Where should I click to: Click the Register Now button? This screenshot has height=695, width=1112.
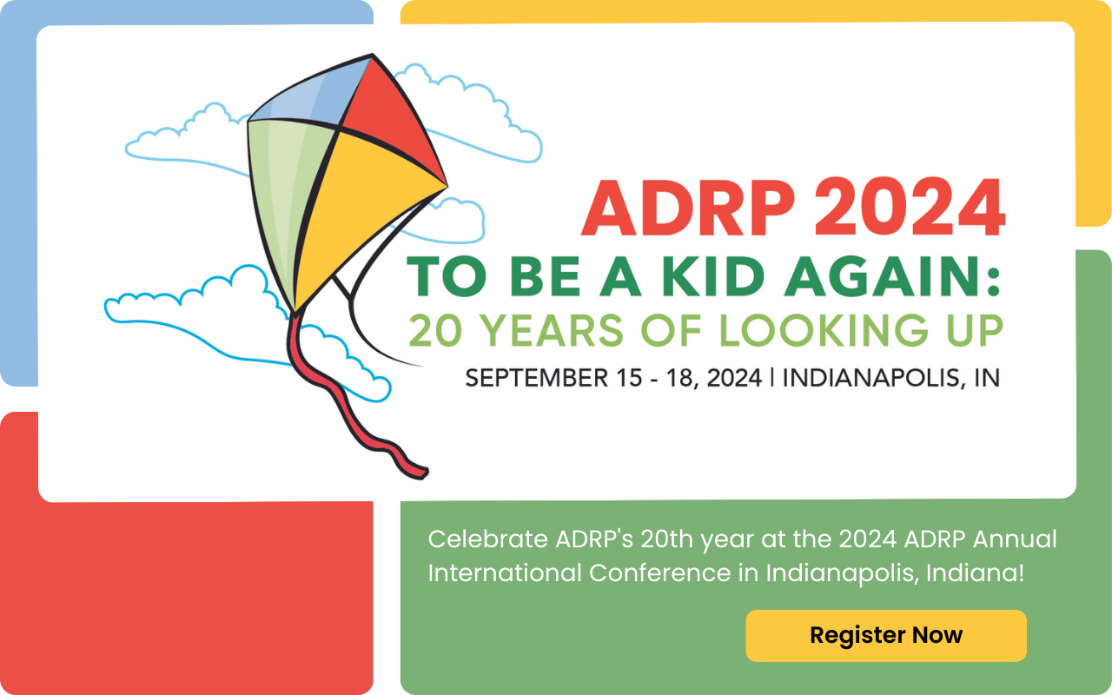coord(886,635)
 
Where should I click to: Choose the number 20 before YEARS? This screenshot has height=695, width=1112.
coord(435,331)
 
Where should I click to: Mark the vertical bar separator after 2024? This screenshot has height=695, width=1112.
coord(771,378)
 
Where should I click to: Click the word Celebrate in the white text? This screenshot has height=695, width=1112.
coord(486,539)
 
